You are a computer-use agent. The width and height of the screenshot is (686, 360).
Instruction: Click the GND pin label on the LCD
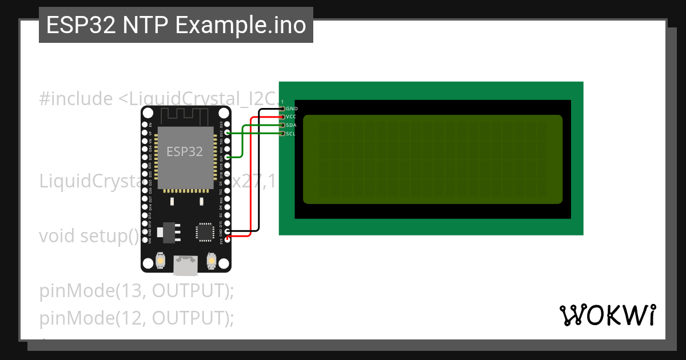click(292, 108)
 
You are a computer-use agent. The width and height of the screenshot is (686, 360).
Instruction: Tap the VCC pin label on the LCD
click(291, 117)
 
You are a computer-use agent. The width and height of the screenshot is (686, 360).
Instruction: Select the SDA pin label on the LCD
click(291, 125)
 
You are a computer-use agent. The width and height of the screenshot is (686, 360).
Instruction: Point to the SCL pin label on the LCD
click(290, 134)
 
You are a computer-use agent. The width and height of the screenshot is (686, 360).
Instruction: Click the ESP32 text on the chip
click(185, 151)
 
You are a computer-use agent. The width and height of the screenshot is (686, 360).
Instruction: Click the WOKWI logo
click(607, 315)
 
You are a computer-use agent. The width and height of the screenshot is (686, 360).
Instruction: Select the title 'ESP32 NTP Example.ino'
click(176, 25)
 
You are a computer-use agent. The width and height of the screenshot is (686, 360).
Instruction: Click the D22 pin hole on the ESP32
click(228, 133)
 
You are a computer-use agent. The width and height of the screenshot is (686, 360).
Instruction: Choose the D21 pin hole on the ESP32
click(228, 157)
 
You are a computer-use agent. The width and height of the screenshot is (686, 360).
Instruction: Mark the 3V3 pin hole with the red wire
click(228, 239)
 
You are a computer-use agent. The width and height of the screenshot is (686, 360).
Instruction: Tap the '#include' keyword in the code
click(76, 99)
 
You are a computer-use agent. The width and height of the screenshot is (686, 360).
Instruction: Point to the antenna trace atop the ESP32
click(186, 115)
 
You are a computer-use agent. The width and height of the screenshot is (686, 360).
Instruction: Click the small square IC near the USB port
click(204, 231)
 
